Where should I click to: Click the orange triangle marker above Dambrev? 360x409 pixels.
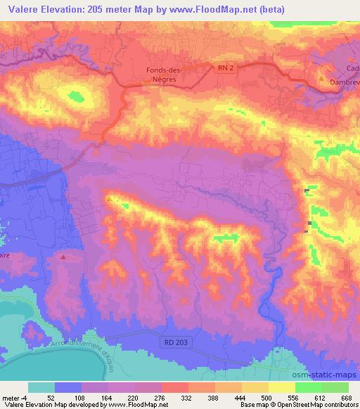322,79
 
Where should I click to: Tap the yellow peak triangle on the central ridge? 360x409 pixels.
109,199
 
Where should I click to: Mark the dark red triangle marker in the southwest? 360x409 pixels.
63,257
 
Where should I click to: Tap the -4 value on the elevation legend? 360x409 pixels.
26,397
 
